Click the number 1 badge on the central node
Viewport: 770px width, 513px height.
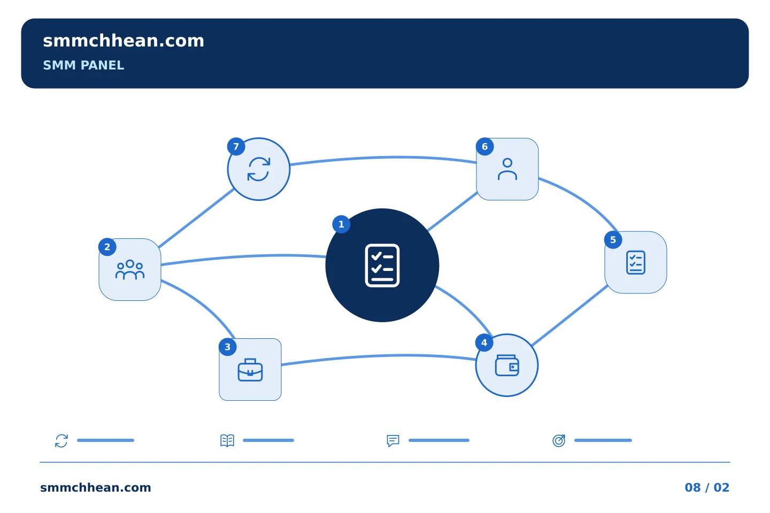341,224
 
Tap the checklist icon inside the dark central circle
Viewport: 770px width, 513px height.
382,265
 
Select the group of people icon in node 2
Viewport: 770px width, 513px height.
129,270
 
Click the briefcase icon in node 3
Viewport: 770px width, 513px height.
250,370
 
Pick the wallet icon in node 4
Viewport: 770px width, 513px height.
507,366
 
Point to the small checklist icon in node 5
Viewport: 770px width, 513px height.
636,262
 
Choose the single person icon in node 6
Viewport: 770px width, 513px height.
507,169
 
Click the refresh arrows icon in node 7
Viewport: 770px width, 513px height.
258,169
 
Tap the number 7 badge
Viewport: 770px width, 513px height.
236,147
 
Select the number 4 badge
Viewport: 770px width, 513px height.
484,343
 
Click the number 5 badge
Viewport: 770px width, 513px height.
613,240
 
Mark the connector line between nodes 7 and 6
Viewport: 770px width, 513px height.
383,157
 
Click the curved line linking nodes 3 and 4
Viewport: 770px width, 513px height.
378,356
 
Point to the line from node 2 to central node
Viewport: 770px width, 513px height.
243,256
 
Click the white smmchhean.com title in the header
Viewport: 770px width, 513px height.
124,41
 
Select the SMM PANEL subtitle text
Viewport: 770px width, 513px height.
83,65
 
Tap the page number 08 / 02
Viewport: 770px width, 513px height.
707,487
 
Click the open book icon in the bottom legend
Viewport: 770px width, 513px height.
227,440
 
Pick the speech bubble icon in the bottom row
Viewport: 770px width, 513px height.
393,440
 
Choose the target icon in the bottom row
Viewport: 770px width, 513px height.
559,440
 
